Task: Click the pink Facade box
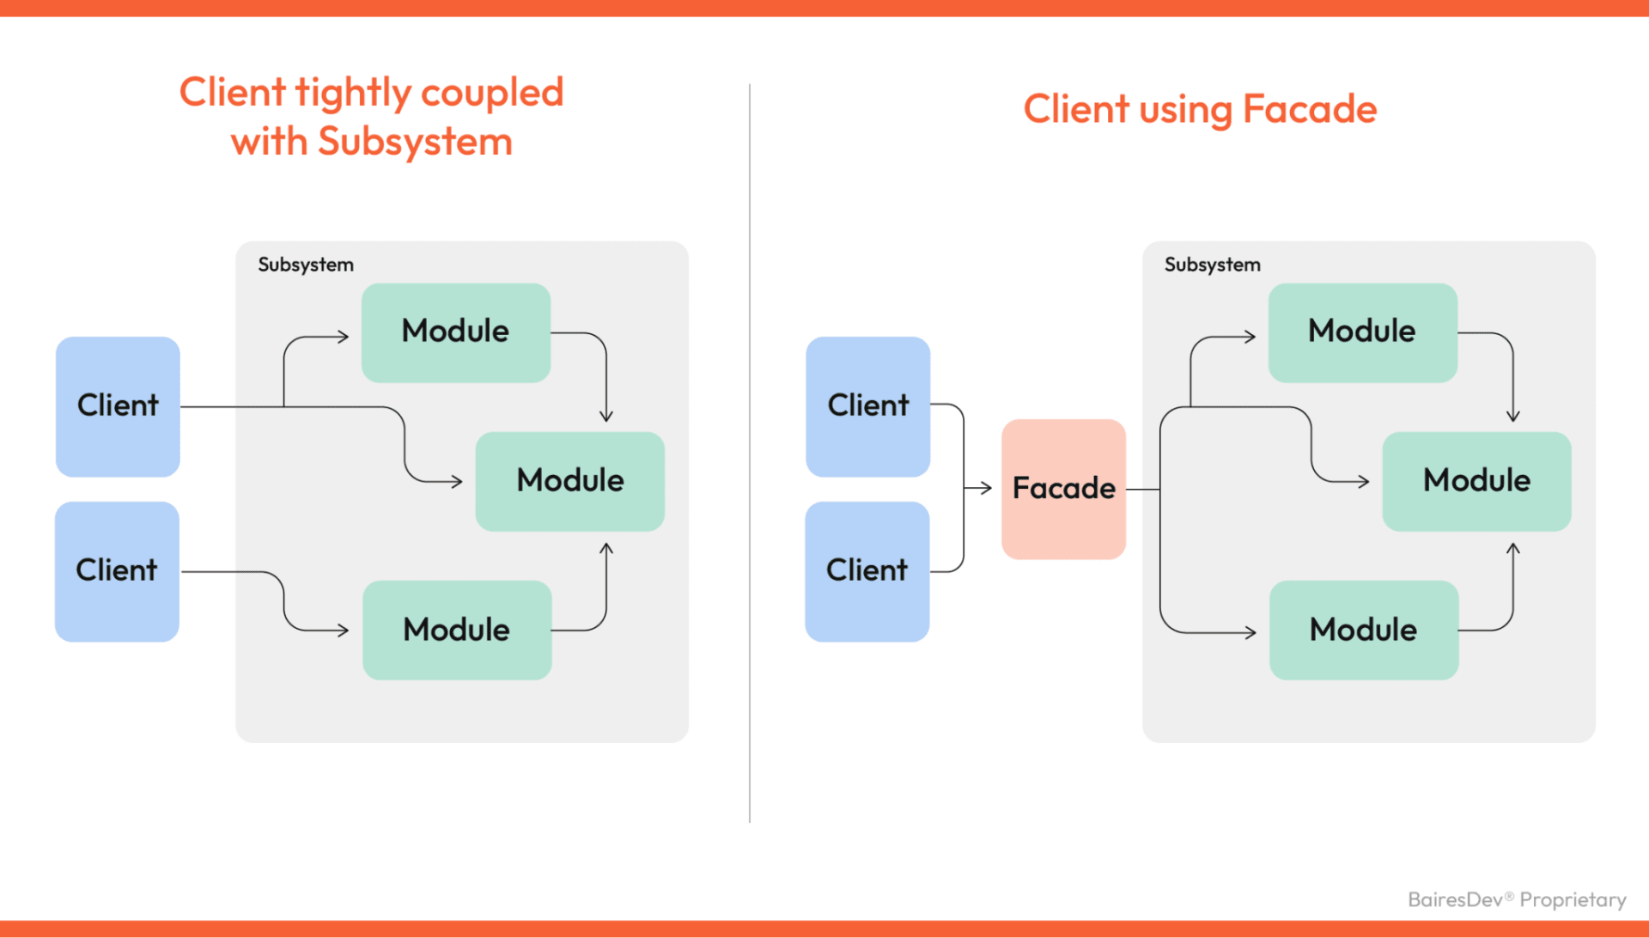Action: point(1063,489)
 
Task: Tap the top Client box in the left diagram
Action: point(118,405)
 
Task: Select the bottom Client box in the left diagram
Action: point(117,570)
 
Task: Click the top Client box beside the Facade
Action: point(867,405)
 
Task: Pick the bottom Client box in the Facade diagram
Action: point(867,570)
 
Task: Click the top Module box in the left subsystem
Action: point(455,332)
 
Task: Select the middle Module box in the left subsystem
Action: point(569,480)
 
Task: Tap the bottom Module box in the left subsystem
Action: point(456,630)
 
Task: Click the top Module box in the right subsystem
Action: point(1362,332)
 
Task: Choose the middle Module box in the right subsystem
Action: point(1476,480)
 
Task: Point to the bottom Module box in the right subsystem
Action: point(1363,630)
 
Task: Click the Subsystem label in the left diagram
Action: point(306,265)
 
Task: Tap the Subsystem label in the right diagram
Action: point(1212,265)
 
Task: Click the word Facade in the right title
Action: point(1309,110)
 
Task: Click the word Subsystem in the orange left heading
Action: point(415,142)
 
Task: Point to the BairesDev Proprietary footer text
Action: point(1517,899)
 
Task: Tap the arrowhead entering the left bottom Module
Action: point(344,630)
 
